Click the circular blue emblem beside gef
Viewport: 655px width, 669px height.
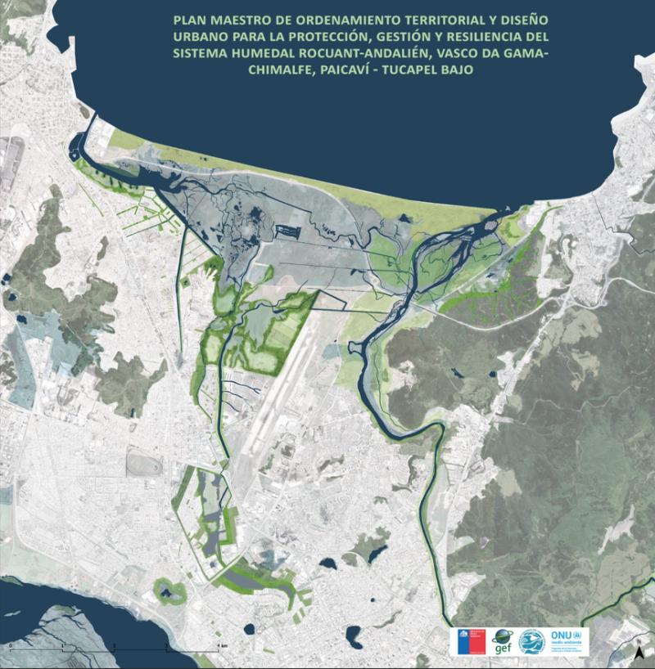click(531, 640)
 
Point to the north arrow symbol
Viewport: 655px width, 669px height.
click(638, 652)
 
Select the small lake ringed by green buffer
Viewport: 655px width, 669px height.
click(169, 590)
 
